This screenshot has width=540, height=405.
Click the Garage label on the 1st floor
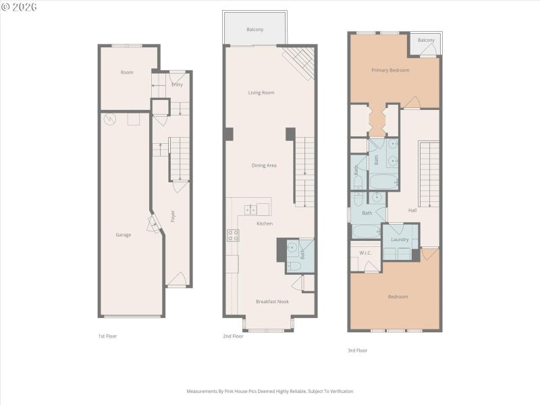point(123,235)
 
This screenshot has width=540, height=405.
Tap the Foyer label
point(173,217)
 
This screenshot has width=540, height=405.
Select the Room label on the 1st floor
point(127,72)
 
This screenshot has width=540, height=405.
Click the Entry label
point(177,84)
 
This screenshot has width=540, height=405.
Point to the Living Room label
point(261,92)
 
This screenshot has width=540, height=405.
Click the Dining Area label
point(264,165)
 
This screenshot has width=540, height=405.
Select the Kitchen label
point(264,223)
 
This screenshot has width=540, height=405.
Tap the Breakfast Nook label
point(272,301)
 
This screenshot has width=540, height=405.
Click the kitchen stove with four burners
point(232,236)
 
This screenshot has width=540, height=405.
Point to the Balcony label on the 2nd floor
point(254,30)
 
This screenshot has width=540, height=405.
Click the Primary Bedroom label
point(390,70)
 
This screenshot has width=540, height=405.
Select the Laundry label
point(400,240)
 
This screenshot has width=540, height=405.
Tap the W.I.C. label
point(365,253)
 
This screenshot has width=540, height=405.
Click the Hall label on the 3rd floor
point(412,210)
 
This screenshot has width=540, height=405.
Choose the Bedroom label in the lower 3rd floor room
point(398,296)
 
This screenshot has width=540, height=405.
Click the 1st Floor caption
point(107,335)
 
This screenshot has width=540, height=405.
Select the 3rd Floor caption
point(357,350)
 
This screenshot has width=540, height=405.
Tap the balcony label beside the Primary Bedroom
point(426,40)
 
